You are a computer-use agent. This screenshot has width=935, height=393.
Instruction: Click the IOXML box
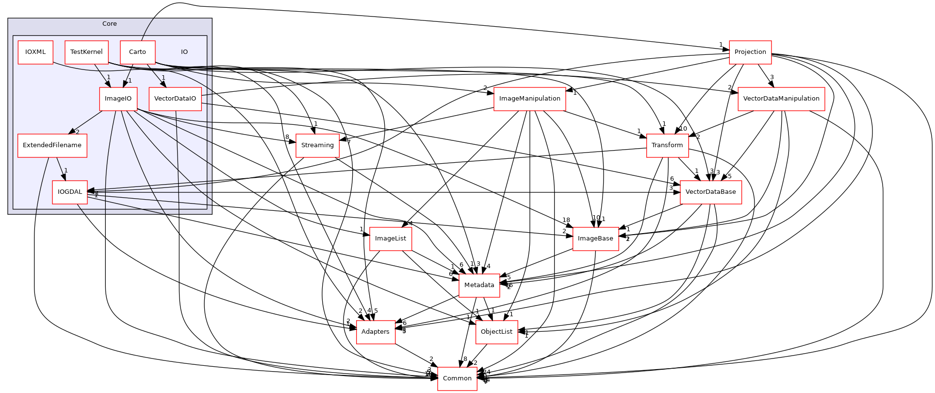[35, 52]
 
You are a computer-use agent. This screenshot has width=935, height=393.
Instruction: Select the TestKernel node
[86, 52]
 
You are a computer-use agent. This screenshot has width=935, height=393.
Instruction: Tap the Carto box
[137, 52]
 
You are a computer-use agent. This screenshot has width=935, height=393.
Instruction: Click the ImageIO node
[118, 99]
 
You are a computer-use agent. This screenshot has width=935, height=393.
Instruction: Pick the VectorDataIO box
[175, 99]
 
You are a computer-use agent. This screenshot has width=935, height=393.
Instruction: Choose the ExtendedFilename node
[52, 145]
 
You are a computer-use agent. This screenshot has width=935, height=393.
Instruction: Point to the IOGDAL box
[70, 192]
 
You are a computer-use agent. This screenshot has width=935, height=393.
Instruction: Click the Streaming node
[317, 145]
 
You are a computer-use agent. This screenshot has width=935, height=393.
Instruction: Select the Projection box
[750, 52]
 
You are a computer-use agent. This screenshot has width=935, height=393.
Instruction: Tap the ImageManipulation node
[529, 99]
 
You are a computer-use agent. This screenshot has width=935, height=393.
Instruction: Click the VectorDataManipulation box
[781, 99]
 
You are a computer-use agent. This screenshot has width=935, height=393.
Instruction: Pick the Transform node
[667, 145]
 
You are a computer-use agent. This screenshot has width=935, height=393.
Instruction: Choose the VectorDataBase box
[710, 192]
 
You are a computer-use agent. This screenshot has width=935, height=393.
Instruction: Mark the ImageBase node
[595, 239]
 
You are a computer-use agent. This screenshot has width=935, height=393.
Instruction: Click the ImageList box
[391, 239]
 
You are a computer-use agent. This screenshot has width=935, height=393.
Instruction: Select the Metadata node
[479, 285]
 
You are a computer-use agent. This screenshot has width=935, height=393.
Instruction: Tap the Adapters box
[375, 332]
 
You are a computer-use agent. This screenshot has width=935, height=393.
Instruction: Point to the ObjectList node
[496, 332]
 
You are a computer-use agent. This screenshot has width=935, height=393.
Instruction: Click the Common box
[457, 378]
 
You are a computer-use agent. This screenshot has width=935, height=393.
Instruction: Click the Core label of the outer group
[110, 24]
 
